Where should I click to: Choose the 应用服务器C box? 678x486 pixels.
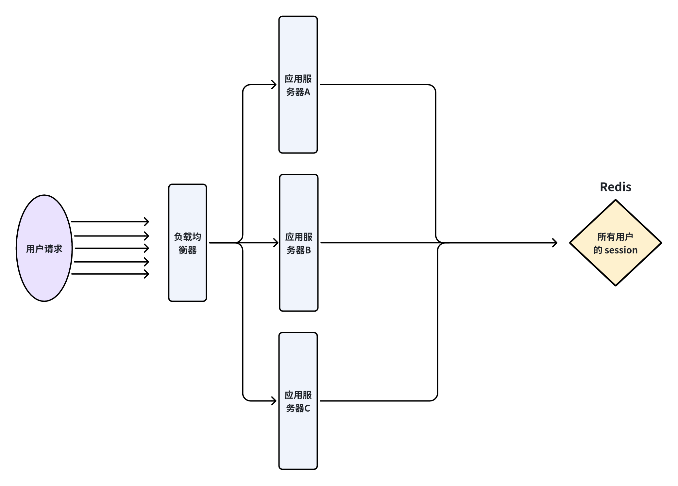[298, 438]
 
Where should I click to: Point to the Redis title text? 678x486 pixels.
[615, 187]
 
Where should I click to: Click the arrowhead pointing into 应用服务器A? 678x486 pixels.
[274, 85]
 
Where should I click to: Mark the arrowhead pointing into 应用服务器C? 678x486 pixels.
[274, 401]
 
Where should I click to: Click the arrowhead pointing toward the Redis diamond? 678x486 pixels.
[554, 243]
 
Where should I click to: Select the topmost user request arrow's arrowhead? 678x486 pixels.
[146, 221]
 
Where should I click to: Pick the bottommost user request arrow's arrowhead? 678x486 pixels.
[146, 274]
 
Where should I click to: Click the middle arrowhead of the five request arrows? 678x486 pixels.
[146, 248]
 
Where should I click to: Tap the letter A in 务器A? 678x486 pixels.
[307, 92]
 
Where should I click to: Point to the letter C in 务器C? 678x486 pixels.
[307, 408]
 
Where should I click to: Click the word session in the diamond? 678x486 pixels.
[621, 250]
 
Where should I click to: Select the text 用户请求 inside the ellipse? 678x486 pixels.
[44, 249]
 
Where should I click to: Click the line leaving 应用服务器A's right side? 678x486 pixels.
[376, 85]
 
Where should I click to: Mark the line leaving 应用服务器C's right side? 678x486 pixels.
[376, 401]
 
